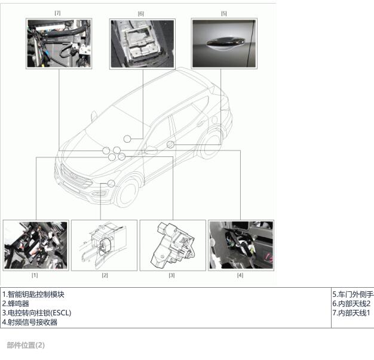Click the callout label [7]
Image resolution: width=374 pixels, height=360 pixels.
(x=57, y=13)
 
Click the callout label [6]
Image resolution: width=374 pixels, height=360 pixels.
(x=141, y=14)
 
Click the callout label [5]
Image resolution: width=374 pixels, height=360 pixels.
(x=223, y=13)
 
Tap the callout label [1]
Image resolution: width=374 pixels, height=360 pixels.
(x=35, y=275)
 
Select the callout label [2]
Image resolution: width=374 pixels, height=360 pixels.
(x=105, y=275)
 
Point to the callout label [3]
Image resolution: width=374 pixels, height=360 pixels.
(x=171, y=275)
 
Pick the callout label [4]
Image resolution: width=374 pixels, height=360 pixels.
(x=240, y=275)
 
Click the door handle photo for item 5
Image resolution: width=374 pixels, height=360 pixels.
(x=224, y=44)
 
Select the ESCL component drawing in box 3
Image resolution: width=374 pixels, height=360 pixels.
(x=173, y=245)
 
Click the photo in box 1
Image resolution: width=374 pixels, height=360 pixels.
(x=36, y=245)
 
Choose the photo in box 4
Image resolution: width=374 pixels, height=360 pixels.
(x=241, y=245)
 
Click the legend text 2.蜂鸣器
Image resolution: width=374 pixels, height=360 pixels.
(x=16, y=303)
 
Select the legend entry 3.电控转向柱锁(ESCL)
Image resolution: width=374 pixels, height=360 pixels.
(x=36, y=313)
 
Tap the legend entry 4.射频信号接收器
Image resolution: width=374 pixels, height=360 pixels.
(x=30, y=322)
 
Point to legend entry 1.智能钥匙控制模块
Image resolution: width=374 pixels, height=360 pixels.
(x=33, y=294)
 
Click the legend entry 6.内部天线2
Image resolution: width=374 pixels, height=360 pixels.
(x=351, y=303)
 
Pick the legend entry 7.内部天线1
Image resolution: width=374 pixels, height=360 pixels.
(x=351, y=313)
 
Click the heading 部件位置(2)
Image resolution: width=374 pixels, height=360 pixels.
(x=26, y=345)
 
